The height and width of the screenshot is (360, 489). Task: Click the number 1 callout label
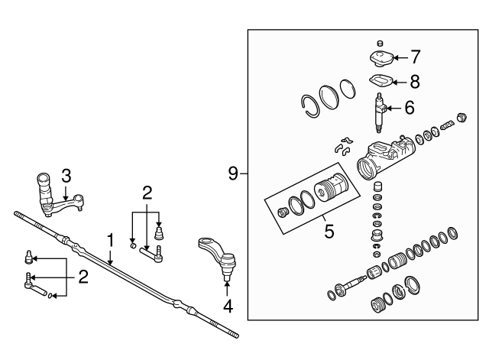(110, 241)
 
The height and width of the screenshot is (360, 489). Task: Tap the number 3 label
(66, 175)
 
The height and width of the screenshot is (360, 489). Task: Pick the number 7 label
(415, 57)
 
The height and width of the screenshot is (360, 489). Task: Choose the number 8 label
(415, 79)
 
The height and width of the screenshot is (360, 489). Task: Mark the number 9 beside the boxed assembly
(234, 174)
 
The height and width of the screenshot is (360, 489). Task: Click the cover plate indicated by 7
(380, 59)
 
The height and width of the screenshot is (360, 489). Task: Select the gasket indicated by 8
(380, 80)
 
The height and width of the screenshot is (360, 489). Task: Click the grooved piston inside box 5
(333, 191)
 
